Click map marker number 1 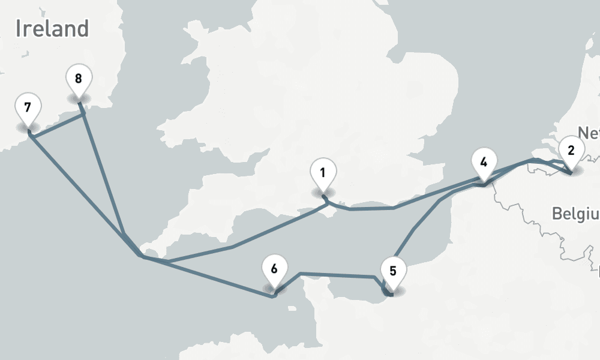tap(323, 174)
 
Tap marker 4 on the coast tap(484, 161)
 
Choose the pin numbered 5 tap(393, 271)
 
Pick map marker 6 tap(274, 268)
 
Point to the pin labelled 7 tap(28, 108)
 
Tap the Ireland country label tap(52, 29)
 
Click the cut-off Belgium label tap(575, 214)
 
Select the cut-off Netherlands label tap(588, 133)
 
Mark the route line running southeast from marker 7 tap(78, 188)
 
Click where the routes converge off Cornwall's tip tap(140, 256)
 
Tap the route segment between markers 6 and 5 tap(336, 275)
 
